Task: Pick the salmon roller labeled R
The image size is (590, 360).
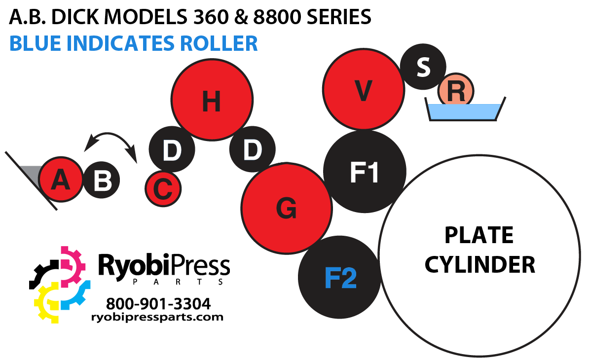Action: pos(456,90)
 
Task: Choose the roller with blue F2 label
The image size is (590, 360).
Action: pos(340,277)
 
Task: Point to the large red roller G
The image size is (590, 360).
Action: pos(286,209)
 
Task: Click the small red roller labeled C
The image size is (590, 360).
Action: pos(163,188)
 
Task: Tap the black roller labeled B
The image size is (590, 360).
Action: pos(102,180)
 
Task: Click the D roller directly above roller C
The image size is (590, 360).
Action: pos(171,150)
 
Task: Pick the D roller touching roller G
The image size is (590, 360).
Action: pos(252,150)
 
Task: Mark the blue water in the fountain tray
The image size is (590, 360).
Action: pos(464,111)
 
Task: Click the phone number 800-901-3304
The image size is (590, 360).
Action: pos(158,302)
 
